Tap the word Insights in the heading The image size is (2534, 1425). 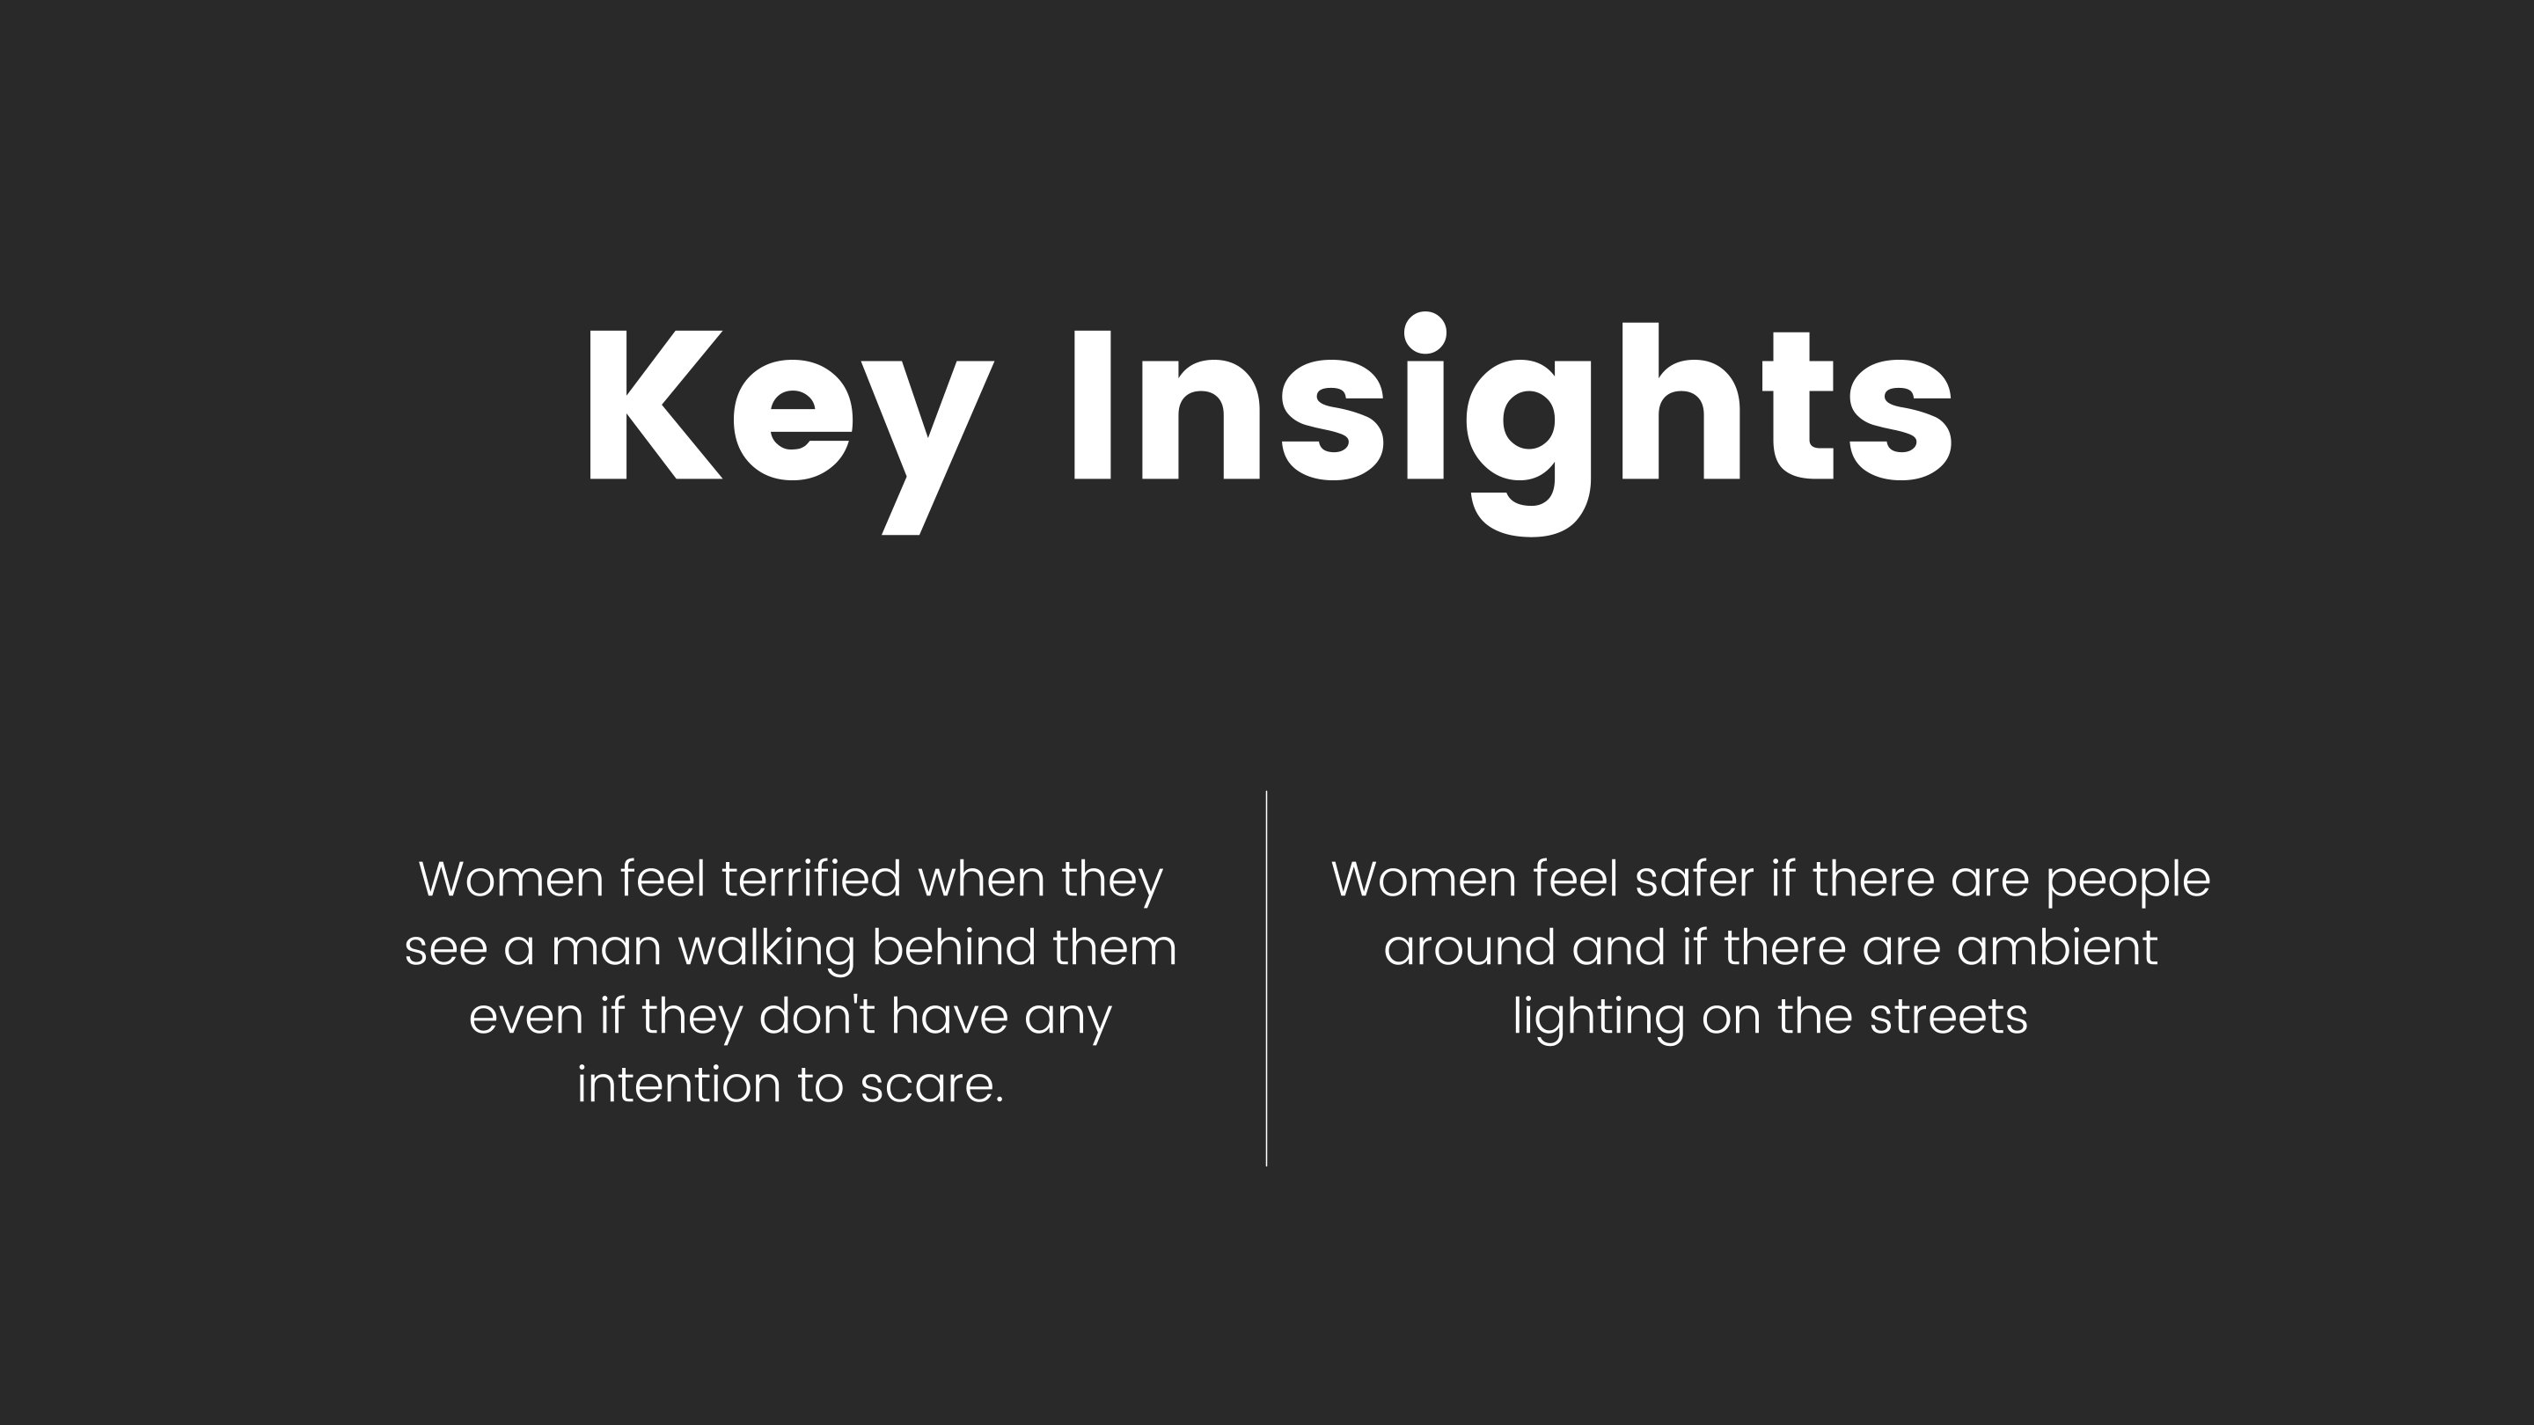(1512, 425)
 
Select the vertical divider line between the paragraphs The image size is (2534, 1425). (1266, 977)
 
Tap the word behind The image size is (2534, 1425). (953, 948)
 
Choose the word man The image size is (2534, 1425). (606, 951)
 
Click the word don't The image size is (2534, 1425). (817, 1016)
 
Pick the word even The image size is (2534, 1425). (525, 1019)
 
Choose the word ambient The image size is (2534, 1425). (2057, 948)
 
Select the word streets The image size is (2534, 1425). (1948, 1018)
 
